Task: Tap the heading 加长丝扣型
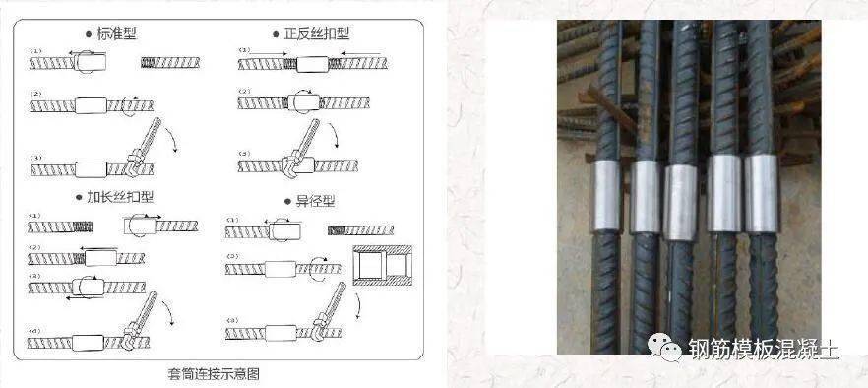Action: point(117,196)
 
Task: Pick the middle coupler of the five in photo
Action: point(681,203)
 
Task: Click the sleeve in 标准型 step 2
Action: point(92,104)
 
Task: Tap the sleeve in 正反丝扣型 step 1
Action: point(316,65)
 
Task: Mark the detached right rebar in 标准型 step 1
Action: point(168,64)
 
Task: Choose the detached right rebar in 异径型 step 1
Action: point(359,230)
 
